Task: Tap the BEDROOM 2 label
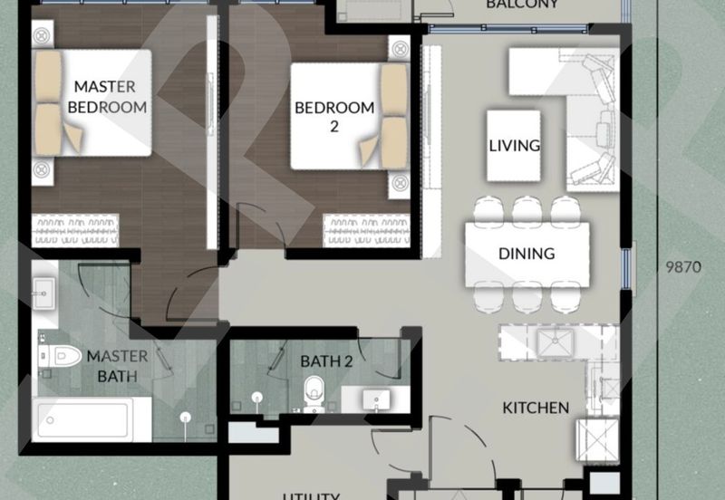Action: (333, 117)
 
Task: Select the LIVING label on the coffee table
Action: (514, 145)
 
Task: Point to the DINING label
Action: (527, 254)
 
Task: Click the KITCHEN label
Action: (536, 408)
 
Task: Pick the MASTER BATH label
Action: (111, 365)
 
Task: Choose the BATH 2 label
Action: (326, 361)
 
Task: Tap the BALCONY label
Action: (521, 5)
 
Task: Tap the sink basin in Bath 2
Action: (374, 399)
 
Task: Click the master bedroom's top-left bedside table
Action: (41, 37)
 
